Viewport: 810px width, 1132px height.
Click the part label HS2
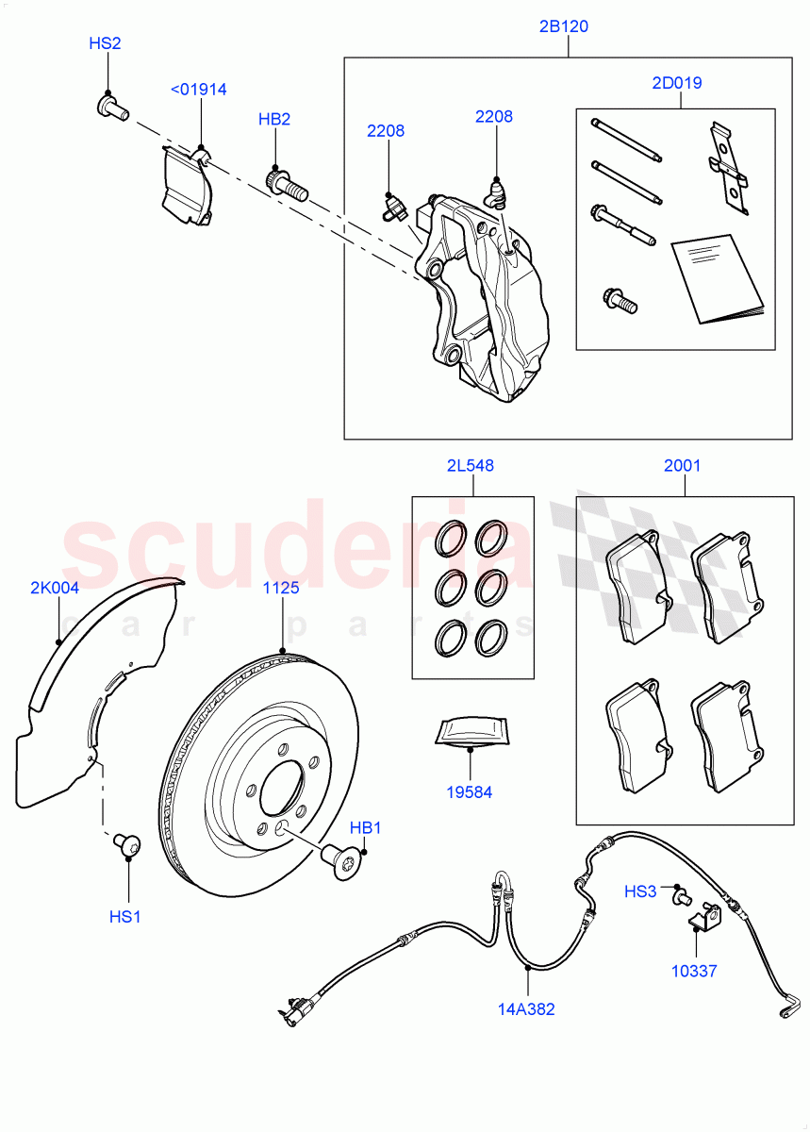point(105,43)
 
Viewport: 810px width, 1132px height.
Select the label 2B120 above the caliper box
point(564,26)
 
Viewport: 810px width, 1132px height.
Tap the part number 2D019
point(676,83)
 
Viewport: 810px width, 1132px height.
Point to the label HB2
point(274,119)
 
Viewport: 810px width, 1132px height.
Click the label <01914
point(198,90)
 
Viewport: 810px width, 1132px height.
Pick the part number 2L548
point(471,465)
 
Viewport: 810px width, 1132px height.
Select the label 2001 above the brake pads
point(682,465)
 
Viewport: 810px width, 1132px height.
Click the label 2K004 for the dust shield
point(55,588)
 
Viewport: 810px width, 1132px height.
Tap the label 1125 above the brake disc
point(281,588)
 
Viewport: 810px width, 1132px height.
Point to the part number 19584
point(470,792)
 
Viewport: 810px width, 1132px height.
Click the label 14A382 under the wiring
point(527,1009)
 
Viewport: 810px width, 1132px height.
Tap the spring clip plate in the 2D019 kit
point(727,170)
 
